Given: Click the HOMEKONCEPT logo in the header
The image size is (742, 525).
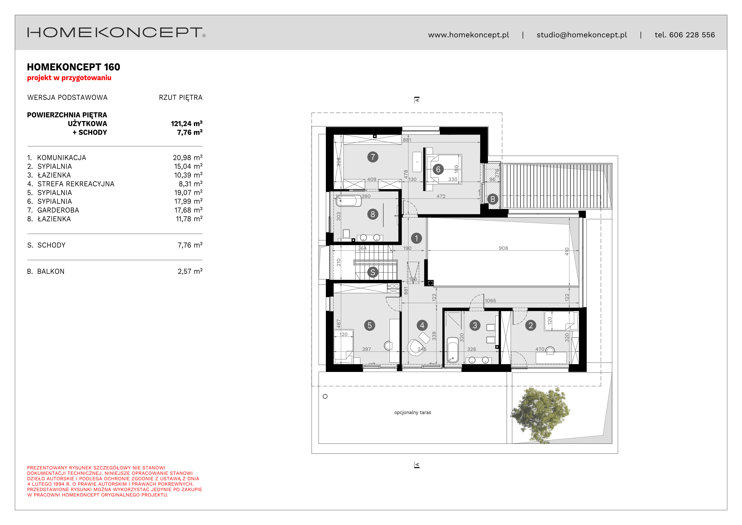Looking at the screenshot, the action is pos(116,32).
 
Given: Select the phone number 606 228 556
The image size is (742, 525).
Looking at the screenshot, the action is pos(692,35).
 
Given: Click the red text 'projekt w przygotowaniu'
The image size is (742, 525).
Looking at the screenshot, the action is pos(69,78).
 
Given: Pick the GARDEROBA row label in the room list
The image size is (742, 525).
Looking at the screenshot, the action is pos(58,210).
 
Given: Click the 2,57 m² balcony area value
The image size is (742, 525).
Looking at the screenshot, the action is pos(190,271).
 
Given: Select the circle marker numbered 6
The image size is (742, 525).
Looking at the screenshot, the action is pos(438,169).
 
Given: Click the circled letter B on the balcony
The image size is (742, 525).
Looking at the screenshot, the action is pos(493,199).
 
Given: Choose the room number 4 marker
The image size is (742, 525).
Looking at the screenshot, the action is pos(422,325).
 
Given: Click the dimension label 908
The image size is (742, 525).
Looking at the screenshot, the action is pos(503,248).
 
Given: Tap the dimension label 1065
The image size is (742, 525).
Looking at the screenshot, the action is pos(490,301).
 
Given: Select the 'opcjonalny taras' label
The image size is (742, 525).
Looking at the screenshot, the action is pos(413,413).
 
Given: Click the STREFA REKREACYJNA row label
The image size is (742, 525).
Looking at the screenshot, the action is pos(76,184).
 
